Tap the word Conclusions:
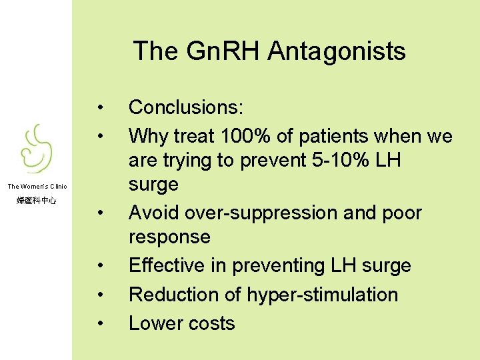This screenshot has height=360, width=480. click(186, 107)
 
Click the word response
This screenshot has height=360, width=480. click(169, 237)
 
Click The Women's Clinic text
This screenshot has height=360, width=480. click(37, 187)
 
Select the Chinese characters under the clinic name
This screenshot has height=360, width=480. click(37, 200)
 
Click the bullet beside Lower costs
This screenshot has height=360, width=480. click(99, 324)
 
